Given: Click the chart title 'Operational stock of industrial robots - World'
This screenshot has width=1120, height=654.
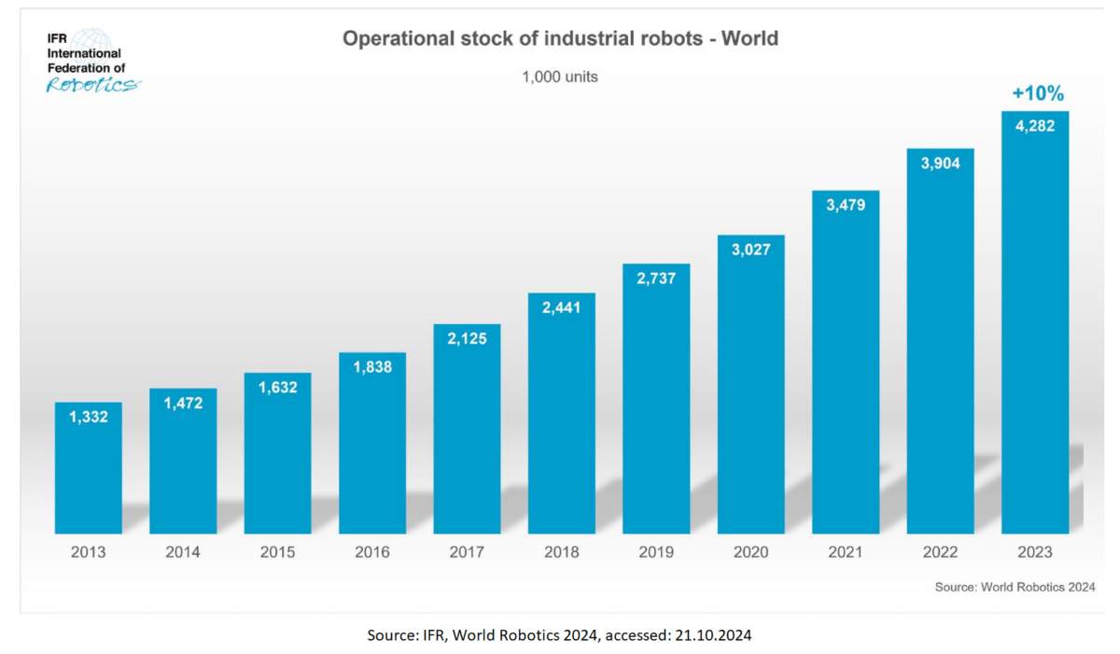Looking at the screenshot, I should (560, 39).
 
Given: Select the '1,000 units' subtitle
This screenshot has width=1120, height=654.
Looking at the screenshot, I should (560, 77).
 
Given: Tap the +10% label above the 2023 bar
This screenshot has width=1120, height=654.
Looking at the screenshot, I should (1038, 93).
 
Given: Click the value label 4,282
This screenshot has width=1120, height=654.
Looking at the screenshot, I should (1035, 125).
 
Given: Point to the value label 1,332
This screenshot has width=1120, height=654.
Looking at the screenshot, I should (89, 417).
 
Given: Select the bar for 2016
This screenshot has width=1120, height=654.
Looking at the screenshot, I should (372, 443).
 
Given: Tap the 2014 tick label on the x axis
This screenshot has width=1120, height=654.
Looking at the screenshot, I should (183, 552).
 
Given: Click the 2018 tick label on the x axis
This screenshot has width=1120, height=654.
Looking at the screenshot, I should (561, 552).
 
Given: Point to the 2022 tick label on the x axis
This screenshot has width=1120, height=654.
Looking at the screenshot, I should (940, 552).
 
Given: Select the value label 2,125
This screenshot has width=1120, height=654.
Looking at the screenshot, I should (467, 338).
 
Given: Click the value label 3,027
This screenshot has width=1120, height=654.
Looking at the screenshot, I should (750, 249).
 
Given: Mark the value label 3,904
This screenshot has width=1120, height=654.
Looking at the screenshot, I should (940, 163).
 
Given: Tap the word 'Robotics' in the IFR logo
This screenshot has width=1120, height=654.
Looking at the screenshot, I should (92, 85).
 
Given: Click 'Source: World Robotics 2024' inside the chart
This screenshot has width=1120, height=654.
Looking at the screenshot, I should (1015, 587).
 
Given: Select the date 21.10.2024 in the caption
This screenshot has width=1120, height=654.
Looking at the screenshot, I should (716, 635).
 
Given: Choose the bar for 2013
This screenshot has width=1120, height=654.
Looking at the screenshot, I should (89, 467).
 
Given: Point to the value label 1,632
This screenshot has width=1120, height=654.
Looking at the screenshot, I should (277, 387).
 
